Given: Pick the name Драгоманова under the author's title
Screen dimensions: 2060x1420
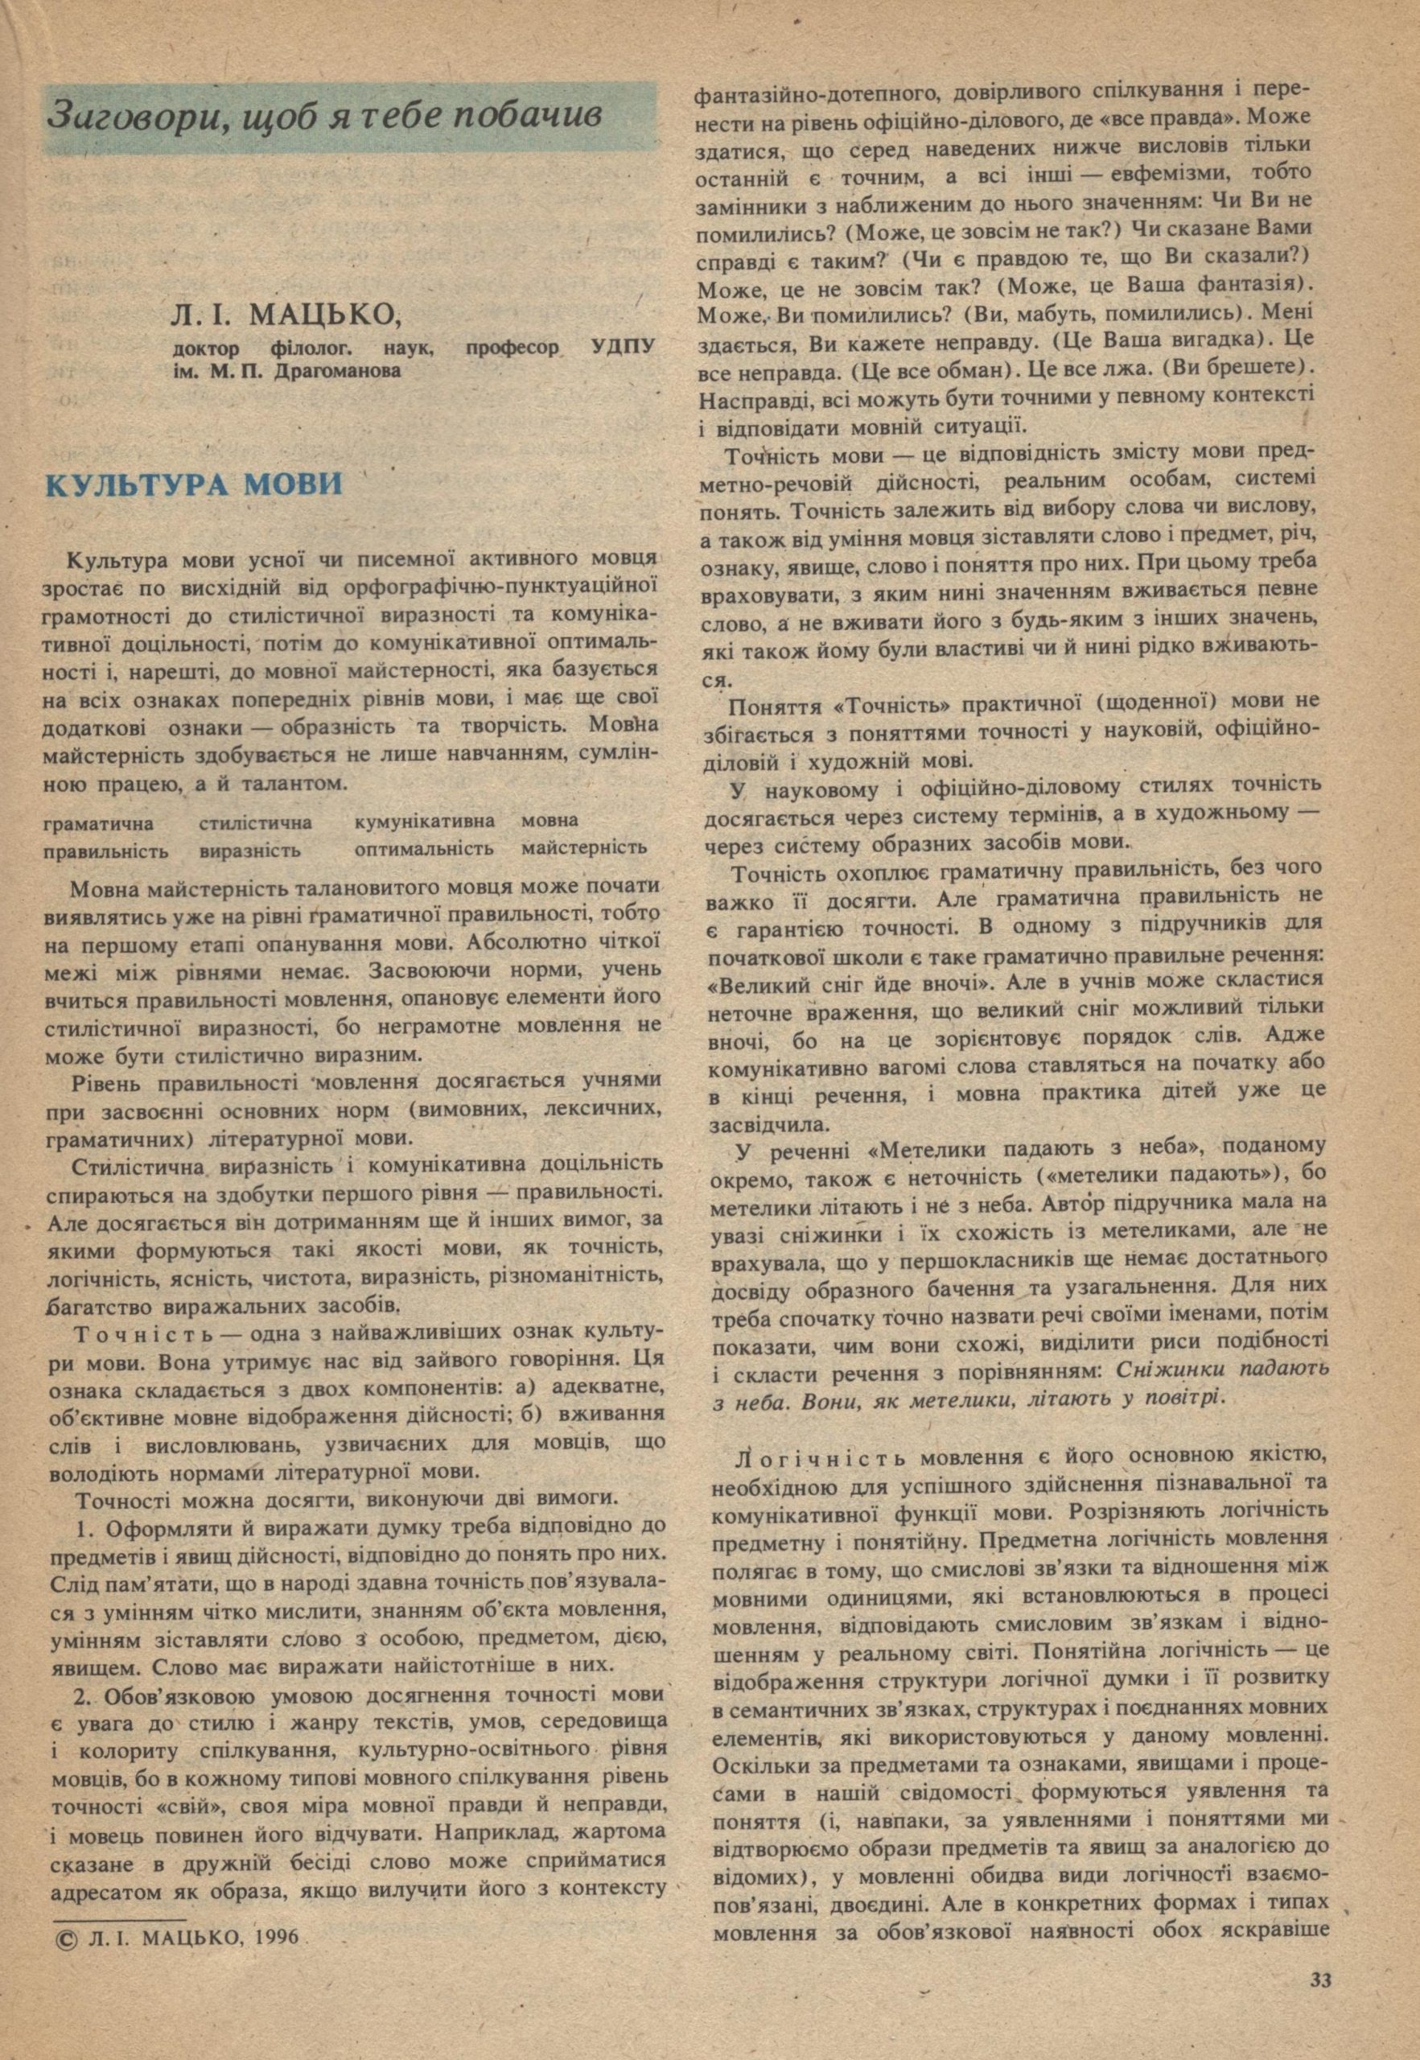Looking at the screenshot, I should (338, 372).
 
